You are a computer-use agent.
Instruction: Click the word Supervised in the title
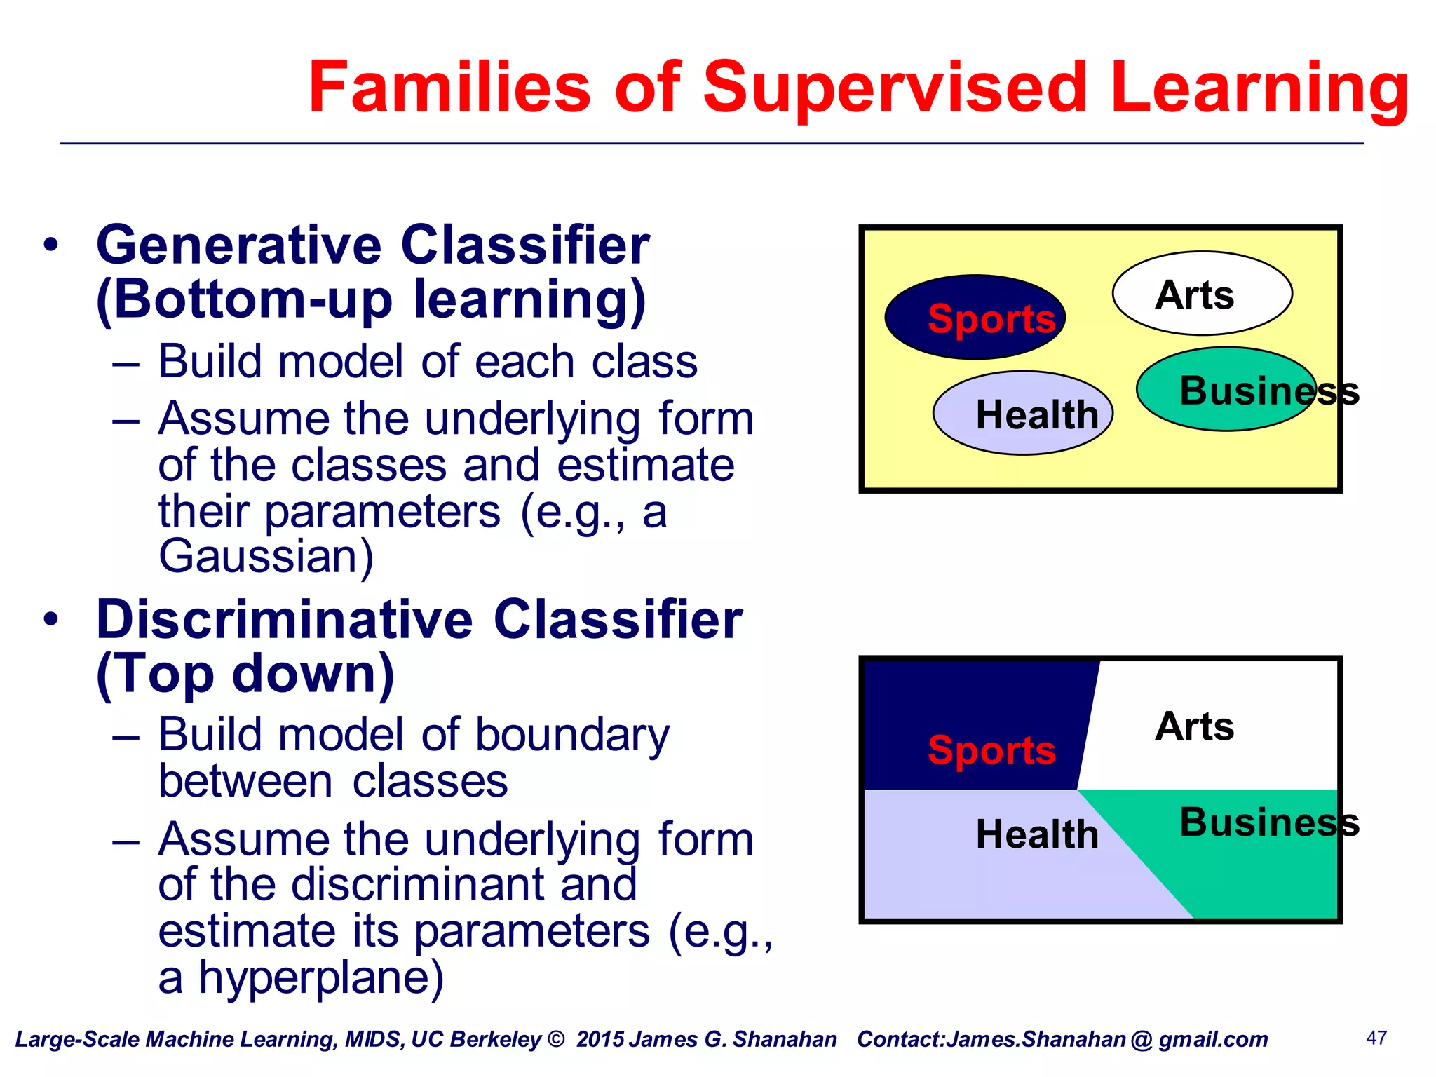893,88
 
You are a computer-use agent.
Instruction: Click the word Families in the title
449,88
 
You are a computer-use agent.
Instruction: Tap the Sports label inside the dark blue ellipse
991,319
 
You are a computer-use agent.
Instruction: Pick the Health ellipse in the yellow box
1023,414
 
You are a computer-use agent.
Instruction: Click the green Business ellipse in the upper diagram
1226,390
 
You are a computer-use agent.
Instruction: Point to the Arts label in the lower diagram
1195,726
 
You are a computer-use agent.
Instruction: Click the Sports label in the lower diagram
991,750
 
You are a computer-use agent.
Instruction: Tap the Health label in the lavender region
1036,834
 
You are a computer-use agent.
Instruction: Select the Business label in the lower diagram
1269,822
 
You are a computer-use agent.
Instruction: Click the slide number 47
1376,1038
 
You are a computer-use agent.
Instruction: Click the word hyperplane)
321,977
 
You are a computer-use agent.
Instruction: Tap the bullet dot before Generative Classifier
50,246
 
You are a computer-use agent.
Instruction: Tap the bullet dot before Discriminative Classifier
50,621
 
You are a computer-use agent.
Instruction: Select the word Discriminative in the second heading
285,621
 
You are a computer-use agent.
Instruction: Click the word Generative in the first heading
238,246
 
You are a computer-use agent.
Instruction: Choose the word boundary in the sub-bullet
572,736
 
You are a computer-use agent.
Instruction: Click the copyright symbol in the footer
555,1039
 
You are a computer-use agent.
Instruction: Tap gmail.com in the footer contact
1213,1039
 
